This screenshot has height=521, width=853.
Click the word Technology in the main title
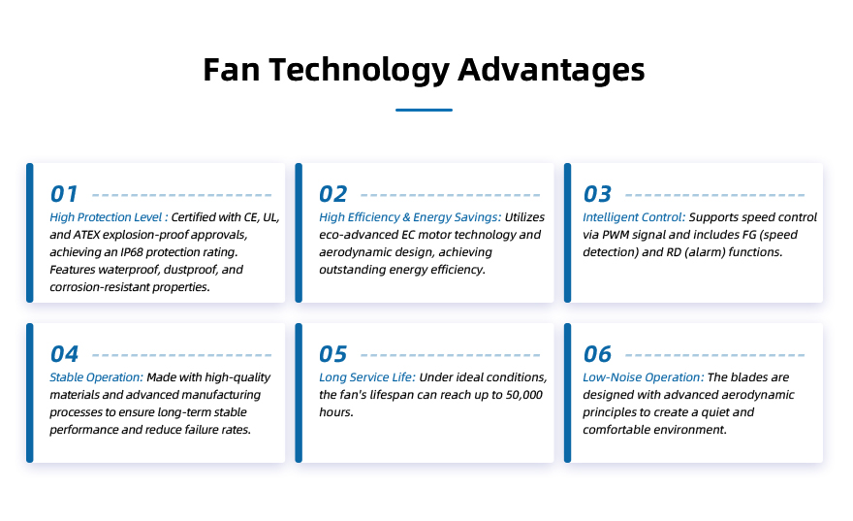point(359,71)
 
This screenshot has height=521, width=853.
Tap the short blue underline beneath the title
point(424,110)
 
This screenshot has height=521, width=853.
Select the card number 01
point(64,194)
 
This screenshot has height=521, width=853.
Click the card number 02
point(332,194)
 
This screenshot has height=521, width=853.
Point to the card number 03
point(597,194)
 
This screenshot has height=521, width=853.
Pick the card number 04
point(64,354)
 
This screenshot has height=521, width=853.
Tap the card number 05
point(332,354)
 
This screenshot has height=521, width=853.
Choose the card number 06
point(597,354)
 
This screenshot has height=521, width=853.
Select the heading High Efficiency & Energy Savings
point(410,217)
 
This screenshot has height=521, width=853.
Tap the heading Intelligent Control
point(634,217)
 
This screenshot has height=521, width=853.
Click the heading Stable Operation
point(96,377)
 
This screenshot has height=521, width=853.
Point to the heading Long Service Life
point(367,377)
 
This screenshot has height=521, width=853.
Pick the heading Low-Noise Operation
point(644,377)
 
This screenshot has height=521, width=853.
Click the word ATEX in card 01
point(86,235)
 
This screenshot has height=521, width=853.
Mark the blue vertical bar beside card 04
point(30,393)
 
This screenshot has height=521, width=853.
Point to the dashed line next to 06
point(715,355)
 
